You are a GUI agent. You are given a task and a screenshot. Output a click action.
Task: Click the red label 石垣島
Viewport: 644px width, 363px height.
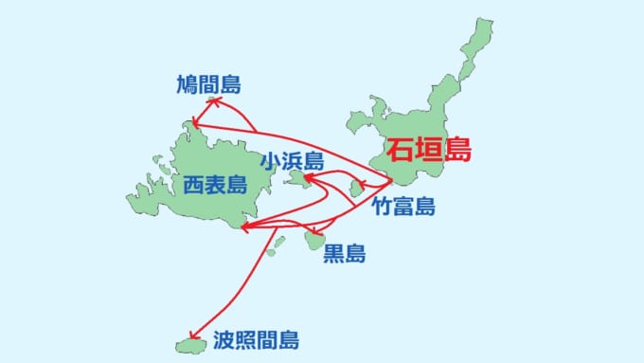point(428,150)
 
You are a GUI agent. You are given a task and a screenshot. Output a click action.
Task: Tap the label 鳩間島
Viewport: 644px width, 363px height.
point(208,85)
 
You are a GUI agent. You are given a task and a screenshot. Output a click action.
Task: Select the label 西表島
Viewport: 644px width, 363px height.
point(215,184)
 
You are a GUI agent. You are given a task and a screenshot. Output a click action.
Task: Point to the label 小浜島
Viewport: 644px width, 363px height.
point(295,160)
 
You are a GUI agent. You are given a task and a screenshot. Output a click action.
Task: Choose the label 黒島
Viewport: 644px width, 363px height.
point(345,253)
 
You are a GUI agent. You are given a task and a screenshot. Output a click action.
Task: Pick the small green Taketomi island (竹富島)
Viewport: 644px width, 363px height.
point(356,190)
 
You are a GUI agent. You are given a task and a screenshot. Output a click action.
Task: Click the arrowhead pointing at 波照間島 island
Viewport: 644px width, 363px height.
point(193,336)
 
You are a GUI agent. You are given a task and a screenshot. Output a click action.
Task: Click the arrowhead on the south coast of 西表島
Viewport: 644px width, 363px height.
point(245,227)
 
